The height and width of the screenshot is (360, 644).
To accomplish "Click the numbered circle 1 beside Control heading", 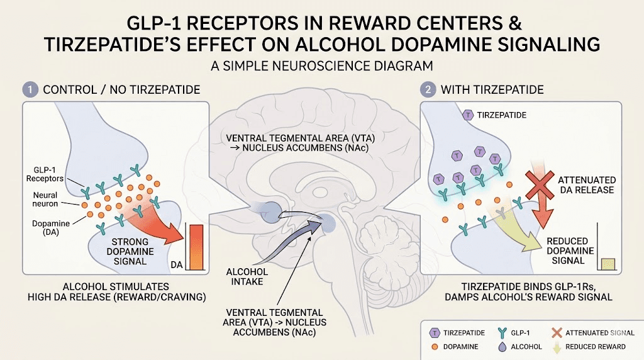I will (x=30, y=89).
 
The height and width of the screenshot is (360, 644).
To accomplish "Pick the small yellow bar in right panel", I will (x=608, y=264).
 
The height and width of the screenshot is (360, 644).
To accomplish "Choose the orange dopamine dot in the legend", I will (x=433, y=347).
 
